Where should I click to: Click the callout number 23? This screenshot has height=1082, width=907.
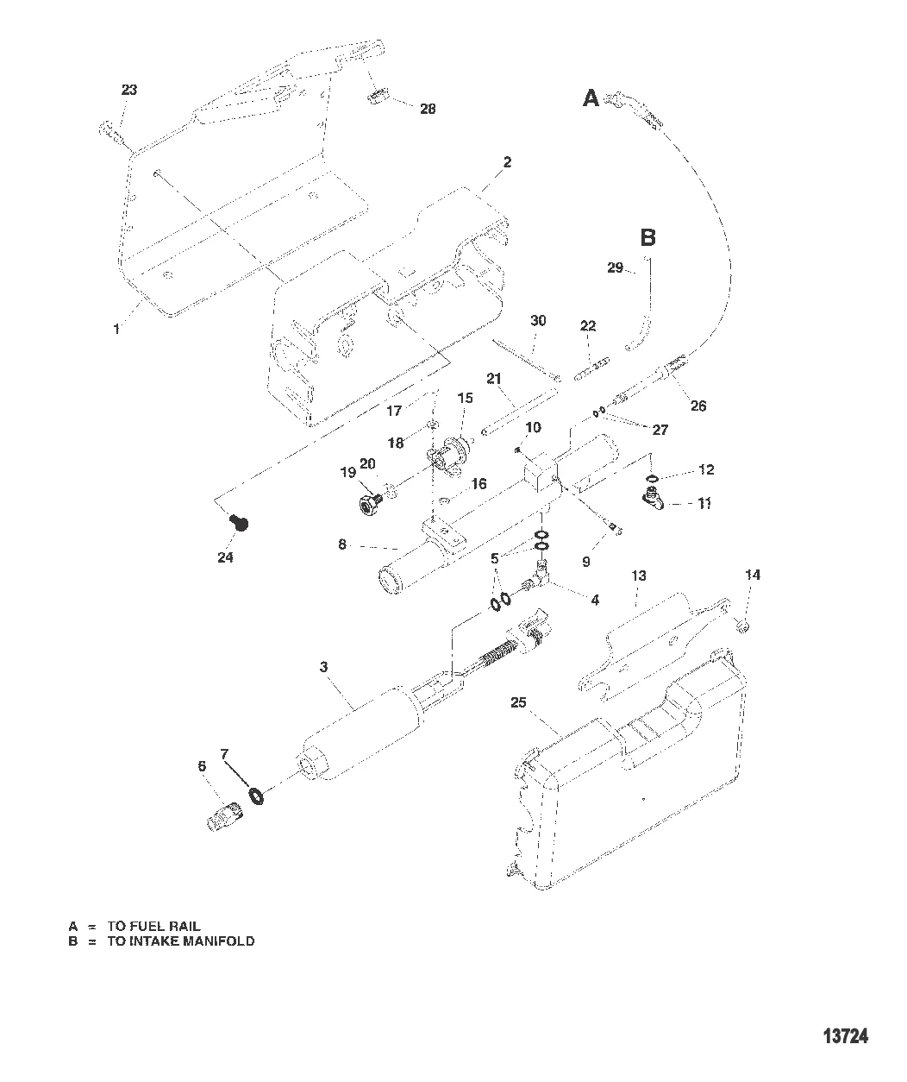coord(128,90)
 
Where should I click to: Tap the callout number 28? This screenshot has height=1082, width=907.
coord(427,109)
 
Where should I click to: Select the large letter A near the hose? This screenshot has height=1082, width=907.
coord(591,99)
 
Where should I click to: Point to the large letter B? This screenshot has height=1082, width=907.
coord(648,237)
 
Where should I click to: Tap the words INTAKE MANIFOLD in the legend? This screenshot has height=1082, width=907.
coord(181,941)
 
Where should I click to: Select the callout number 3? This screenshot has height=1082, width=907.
coord(324,667)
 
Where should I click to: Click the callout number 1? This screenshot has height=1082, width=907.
coord(117,329)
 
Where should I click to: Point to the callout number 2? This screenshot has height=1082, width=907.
coord(507,162)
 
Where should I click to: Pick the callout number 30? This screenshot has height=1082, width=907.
coord(538,320)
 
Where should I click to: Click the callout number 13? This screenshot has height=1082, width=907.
coord(638,576)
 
